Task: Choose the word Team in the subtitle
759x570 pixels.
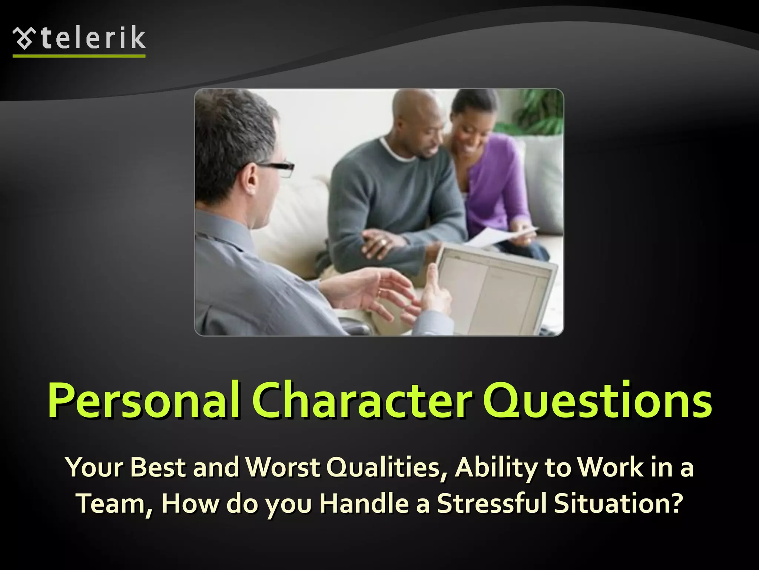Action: [x=113, y=503]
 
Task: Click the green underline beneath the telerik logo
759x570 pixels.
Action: [x=79, y=56]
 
